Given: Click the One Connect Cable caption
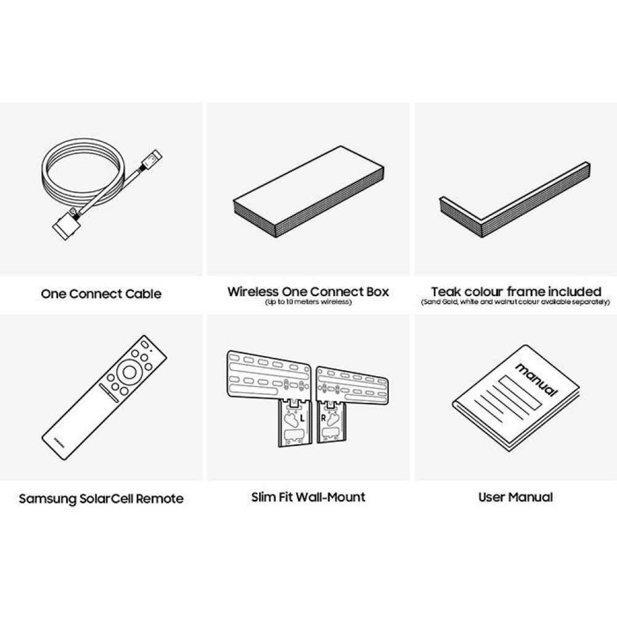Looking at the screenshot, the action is coord(101,294).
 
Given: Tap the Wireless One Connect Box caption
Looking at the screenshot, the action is coord(308,292).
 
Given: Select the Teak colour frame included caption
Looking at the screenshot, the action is coord(516,292).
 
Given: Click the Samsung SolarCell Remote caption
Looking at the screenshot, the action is coord(101,499).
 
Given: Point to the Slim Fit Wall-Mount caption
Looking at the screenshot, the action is coord(308,497).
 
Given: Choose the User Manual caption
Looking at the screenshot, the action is coord(515,497).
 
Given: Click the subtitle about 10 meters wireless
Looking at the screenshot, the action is coord(308,302).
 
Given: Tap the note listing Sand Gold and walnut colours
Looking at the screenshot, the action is coord(515,302).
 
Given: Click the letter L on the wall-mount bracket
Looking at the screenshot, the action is coord(302,419).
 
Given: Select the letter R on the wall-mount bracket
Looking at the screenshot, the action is coord(323,418).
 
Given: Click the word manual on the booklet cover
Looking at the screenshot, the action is coord(537,380).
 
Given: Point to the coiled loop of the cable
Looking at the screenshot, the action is coord(83,174).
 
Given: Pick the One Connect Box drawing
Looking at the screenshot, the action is coord(308,192).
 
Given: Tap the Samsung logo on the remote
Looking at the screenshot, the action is coord(58,442).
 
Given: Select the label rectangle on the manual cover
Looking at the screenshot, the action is coord(521,392).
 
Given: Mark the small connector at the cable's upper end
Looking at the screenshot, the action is coord(151,160).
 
